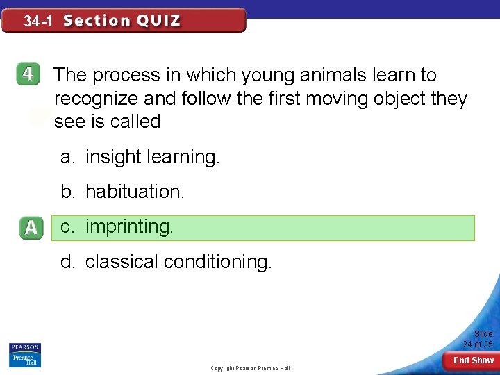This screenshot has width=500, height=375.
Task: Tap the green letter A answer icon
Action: pyautogui.click(x=31, y=228)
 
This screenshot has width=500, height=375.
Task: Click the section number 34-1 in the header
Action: pyautogui.click(x=38, y=22)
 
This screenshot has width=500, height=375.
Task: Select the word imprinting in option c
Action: pyautogui.click(x=129, y=227)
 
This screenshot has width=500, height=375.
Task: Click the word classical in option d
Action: pyautogui.click(x=122, y=262)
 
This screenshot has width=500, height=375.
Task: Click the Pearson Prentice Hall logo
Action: pyautogui.click(x=24, y=355)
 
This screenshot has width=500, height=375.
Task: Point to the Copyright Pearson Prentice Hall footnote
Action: pyautogui.click(x=250, y=368)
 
